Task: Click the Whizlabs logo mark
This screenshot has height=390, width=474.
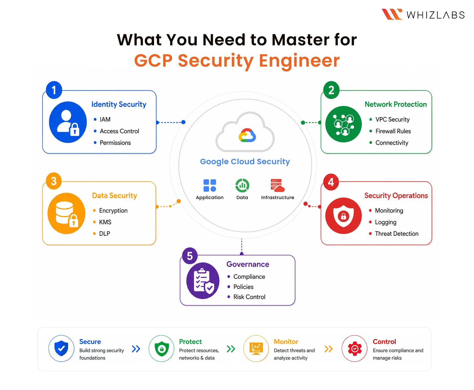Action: coord(392,14)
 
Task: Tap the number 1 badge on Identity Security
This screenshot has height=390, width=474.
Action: coord(54,90)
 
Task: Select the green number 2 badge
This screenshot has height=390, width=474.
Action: coord(331,90)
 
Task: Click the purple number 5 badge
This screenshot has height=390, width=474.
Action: coord(190,256)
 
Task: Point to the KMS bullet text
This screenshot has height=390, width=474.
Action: coord(105,222)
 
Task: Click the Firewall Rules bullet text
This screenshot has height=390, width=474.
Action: coord(393,131)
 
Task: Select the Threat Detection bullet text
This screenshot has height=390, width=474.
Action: coord(397,233)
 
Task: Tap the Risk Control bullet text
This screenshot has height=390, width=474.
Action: coord(249,297)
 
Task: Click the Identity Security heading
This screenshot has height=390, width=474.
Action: coord(119,104)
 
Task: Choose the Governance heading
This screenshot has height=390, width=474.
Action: coord(248,264)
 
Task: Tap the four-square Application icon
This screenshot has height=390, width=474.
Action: coord(210,185)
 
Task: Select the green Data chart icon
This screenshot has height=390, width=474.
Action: coord(242,185)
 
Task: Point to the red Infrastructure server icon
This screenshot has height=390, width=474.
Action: coord(278,185)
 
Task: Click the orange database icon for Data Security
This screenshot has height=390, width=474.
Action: coord(67,213)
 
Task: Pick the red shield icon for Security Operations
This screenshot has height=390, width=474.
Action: coord(343,216)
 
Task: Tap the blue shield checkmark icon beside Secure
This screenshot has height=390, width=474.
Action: coord(61,348)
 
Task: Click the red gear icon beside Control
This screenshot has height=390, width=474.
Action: coord(355,348)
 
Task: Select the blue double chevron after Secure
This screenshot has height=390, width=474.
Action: coord(136,349)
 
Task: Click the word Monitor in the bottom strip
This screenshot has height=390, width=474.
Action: coord(286,342)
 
